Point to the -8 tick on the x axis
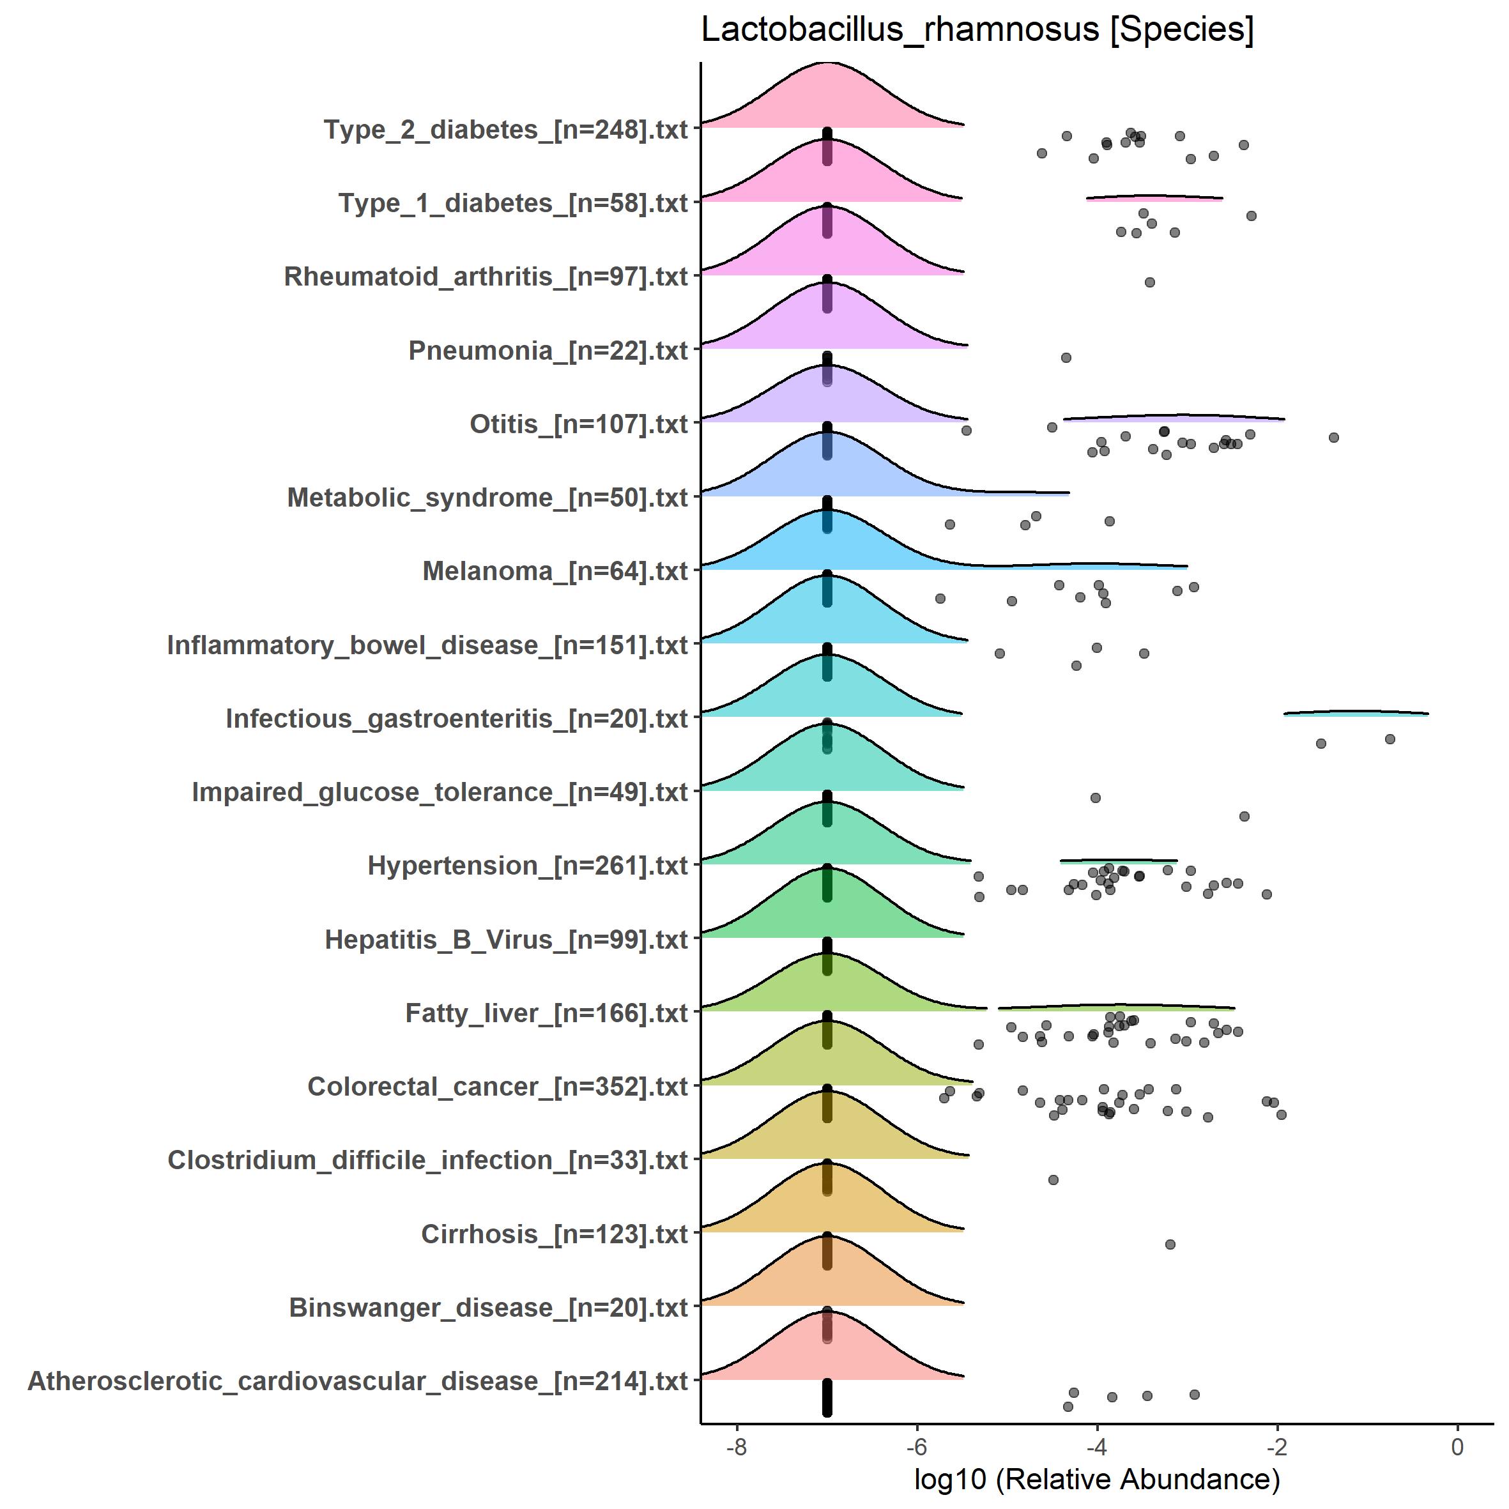click(x=737, y=1446)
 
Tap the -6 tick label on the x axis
click(x=916, y=1446)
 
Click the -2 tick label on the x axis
click(x=1276, y=1446)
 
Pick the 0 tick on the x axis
click(x=1457, y=1446)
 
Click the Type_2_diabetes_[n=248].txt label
click(x=505, y=130)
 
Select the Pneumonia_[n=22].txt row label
click(x=548, y=351)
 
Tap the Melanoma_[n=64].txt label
click(x=555, y=572)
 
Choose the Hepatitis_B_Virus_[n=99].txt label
click(x=506, y=940)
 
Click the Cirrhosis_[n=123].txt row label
click(x=554, y=1234)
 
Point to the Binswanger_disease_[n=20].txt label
click(x=488, y=1308)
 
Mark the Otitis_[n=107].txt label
click(x=578, y=424)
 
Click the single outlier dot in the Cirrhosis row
click(x=1170, y=1245)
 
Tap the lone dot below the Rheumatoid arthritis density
click(x=1150, y=282)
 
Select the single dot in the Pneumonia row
click(x=1066, y=358)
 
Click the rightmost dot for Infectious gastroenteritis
click(x=1390, y=739)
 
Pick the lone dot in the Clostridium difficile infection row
click(x=1053, y=1179)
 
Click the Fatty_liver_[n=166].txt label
click(x=546, y=1013)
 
